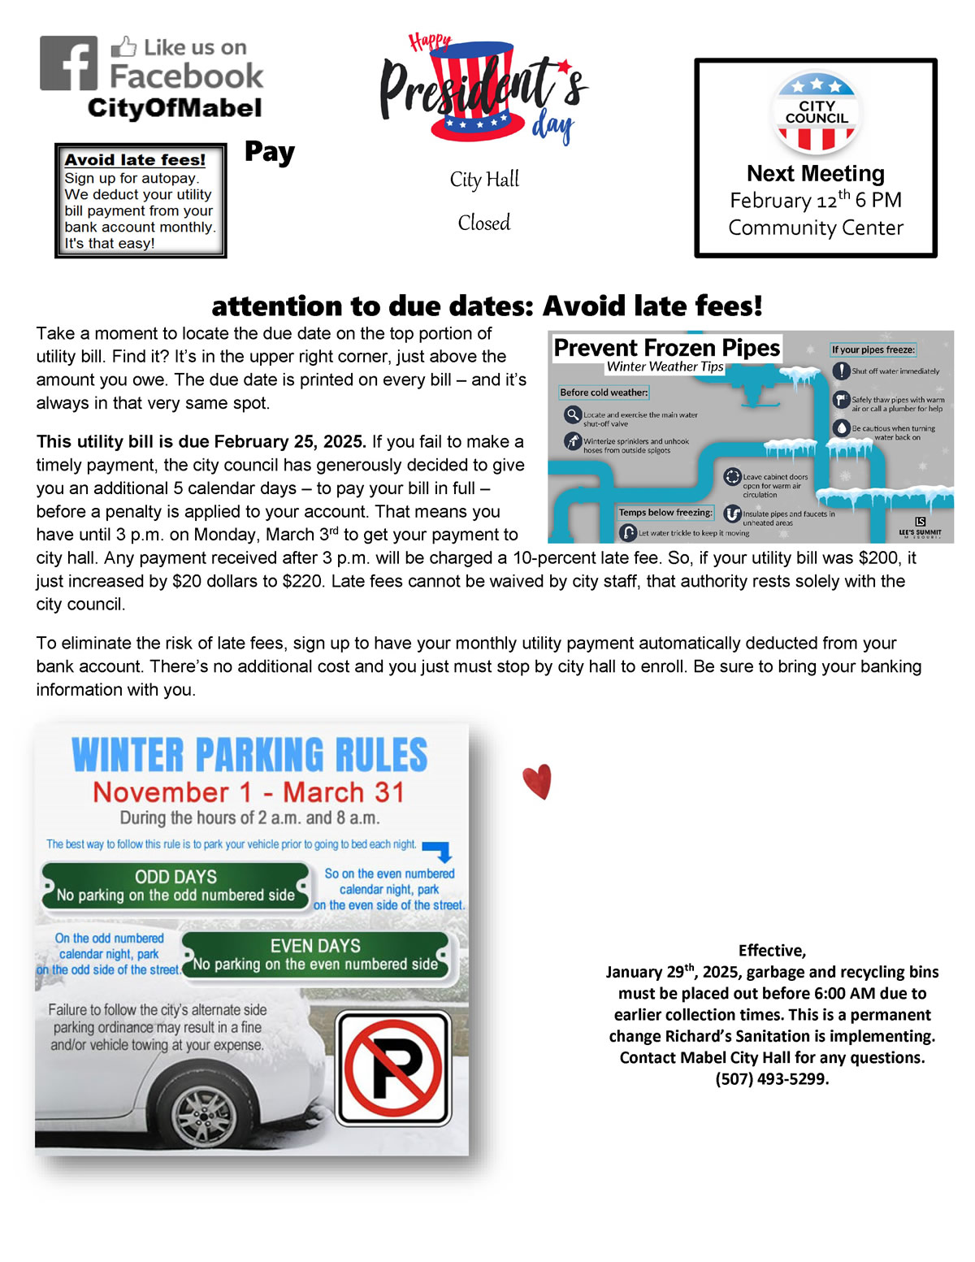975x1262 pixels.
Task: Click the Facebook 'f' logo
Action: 69,63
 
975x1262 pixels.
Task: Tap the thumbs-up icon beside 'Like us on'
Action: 123,47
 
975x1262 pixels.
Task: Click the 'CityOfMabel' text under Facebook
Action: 175,108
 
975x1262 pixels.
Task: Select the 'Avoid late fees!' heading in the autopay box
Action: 135,160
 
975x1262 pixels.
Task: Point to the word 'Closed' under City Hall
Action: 484,223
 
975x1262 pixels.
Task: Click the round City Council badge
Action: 816,112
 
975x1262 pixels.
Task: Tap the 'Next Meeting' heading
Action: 816,174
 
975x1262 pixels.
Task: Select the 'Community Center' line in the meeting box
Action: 816,228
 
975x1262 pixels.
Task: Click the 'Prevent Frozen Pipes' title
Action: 666,348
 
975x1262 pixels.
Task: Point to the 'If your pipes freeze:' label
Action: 873,349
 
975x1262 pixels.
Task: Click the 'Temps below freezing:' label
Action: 665,513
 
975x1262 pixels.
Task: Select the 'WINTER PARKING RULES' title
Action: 249,755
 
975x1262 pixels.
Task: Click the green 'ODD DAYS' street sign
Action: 175,886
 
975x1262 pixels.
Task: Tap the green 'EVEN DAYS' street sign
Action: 315,955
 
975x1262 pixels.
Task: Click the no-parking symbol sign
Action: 393,1068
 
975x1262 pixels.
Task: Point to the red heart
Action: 538,782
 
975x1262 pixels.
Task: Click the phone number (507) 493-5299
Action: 772,1079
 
